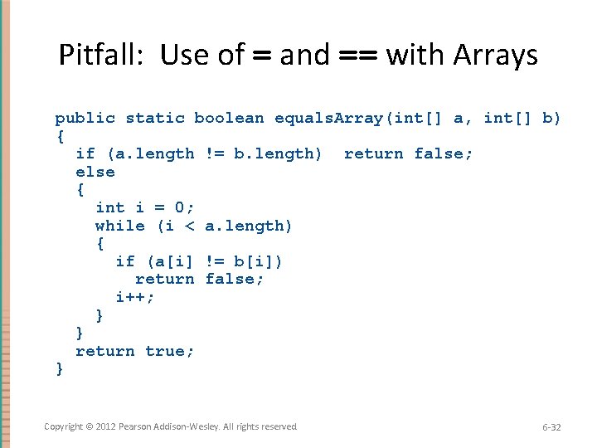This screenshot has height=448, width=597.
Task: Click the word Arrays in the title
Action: [x=495, y=56]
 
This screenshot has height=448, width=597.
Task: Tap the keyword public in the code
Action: [x=85, y=118]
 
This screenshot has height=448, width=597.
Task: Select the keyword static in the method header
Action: [x=155, y=118]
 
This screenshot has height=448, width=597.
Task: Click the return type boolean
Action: [x=229, y=118]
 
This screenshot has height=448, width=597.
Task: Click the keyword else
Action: [x=95, y=172]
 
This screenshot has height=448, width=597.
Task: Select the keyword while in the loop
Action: [x=120, y=226]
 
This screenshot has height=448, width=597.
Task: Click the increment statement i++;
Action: [x=135, y=297]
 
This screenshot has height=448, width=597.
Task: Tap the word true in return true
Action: [x=170, y=351]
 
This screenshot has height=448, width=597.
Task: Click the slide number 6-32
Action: [x=551, y=427]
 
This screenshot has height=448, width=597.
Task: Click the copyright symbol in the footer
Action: [x=88, y=426]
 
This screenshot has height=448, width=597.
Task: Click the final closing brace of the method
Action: [x=60, y=369]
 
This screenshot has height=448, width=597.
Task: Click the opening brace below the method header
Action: [x=60, y=135]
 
